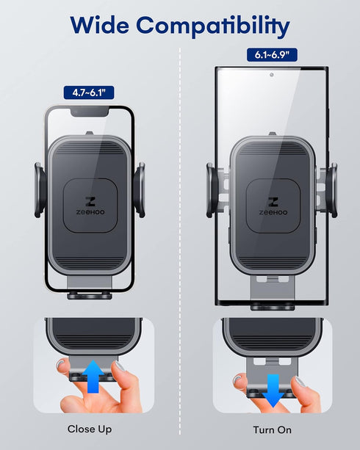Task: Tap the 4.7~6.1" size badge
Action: [87, 92]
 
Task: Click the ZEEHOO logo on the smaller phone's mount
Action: [90, 206]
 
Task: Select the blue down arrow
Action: [273, 388]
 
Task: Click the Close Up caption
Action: [90, 429]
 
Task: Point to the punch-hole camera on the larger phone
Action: [271, 74]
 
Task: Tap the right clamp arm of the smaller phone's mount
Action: [140, 189]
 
